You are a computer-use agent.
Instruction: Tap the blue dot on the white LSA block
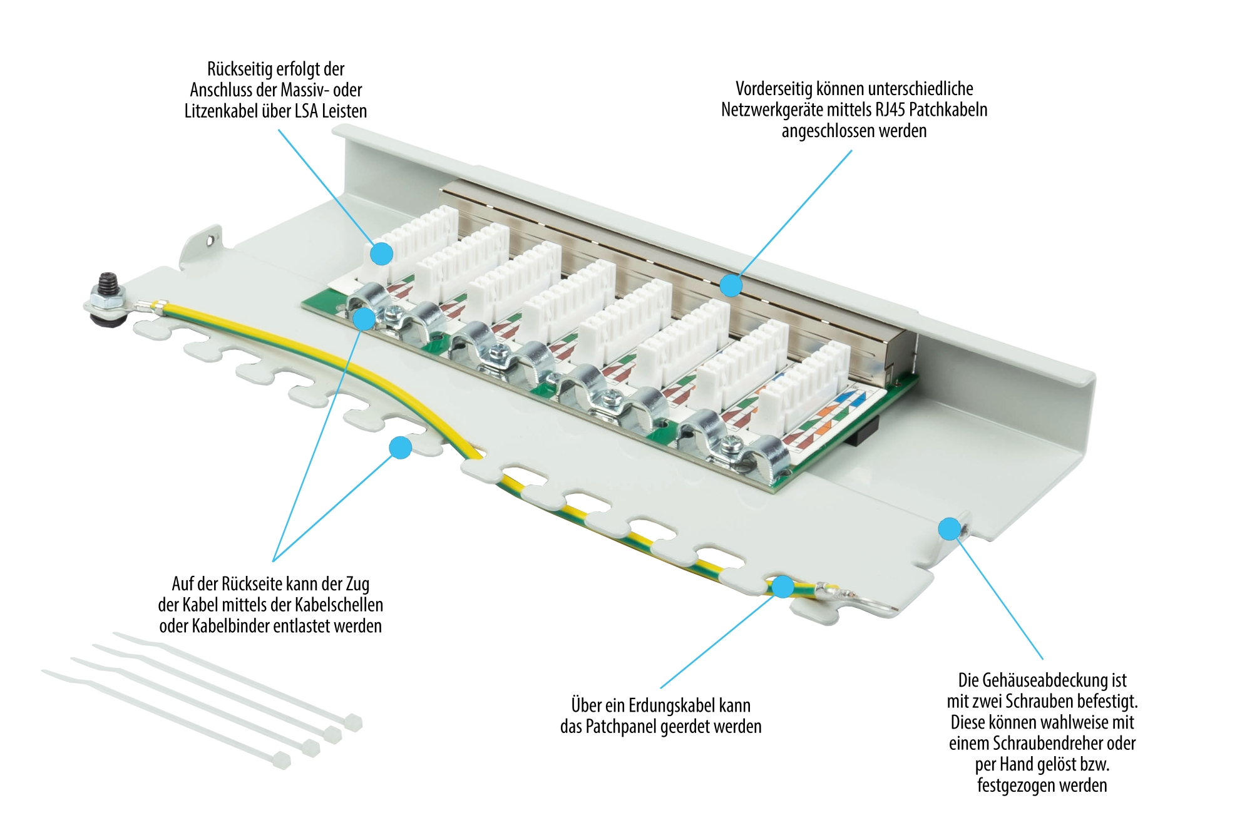click(381, 254)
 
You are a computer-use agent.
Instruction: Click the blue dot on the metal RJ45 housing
click(731, 285)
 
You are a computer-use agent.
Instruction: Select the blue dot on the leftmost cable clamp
click(364, 319)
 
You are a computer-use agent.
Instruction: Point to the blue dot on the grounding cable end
click(782, 587)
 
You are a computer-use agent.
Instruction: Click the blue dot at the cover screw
click(950, 529)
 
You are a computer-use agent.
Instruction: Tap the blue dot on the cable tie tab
click(400, 448)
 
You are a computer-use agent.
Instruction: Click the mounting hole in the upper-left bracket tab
click(210, 238)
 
